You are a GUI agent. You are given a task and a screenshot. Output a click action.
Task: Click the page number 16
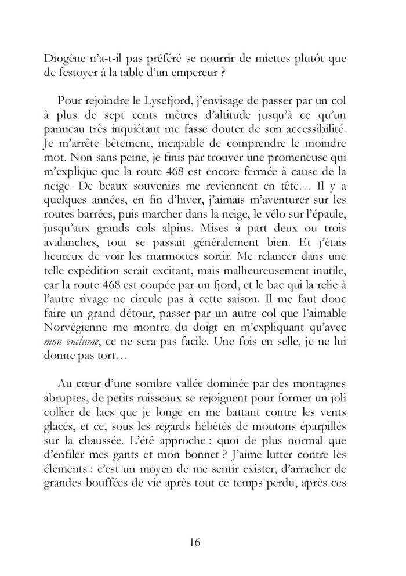[195, 542]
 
